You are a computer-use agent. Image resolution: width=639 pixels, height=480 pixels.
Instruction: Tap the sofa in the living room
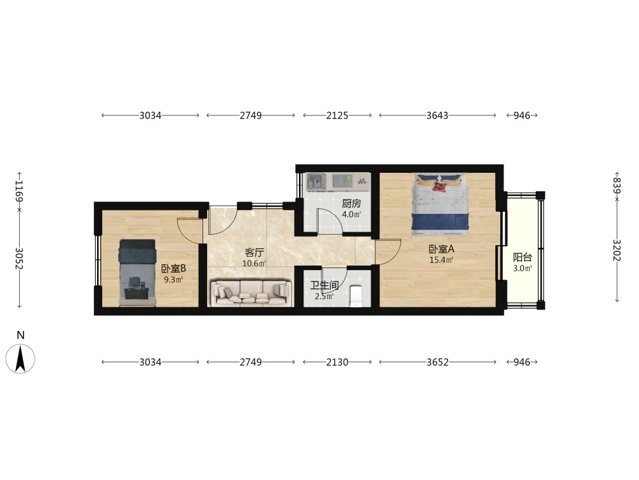click(251, 292)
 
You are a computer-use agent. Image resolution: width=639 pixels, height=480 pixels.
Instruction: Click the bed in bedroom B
click(137, 273)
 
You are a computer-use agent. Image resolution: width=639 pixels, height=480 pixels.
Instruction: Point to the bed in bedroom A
click(440, 205)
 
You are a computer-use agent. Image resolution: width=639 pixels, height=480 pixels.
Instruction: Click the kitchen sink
click(316, 181)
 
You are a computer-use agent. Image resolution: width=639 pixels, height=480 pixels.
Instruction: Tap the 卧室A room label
click(441, 248)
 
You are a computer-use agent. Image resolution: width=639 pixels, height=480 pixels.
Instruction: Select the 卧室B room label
click(174, 268)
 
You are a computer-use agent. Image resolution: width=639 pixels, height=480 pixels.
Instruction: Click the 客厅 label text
click(254, 253)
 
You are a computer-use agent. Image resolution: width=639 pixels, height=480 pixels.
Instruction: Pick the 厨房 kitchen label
click(351, 204)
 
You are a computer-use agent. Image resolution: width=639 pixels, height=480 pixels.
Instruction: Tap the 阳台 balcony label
click(523, 257)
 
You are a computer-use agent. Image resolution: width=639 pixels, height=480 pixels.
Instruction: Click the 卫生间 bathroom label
click(325, 285)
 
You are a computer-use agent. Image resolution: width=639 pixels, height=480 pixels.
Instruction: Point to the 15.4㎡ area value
click(441, 260)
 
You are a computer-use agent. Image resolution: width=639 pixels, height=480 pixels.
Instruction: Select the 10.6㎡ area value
click(254, 263)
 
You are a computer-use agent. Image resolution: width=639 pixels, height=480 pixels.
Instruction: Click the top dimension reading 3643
click(437, 115)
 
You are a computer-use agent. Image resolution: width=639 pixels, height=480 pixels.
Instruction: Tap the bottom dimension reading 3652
click(437, 362)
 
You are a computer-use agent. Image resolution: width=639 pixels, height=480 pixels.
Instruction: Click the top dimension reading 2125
click(337, 115)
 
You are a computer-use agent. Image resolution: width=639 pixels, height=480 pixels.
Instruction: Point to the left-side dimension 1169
click(19, 191)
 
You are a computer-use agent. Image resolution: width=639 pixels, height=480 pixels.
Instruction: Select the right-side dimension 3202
click(617, 250)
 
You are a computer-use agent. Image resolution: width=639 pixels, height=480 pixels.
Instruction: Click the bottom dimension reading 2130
click(337, 362)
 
